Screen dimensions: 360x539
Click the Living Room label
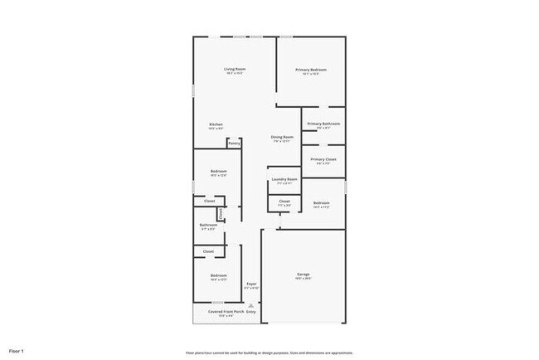pyautogui.click(x=235, y=69)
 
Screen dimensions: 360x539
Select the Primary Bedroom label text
pyautogui.click(x=311, y=70)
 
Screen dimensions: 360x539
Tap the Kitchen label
pyautogui.click(x=216, y=124)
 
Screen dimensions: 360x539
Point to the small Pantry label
pyautogui.click(x=235, y=143)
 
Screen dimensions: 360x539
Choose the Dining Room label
pyautogui.click(x=282, y=137)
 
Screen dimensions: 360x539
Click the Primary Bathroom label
pyautogui.click(x=323, y=124)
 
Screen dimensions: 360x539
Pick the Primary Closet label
pyautogui.click(x=323, y=159)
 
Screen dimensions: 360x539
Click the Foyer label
pyautogui.click(x=251, y=285)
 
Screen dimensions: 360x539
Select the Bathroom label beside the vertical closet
pyautogui.click(x=208, y=225)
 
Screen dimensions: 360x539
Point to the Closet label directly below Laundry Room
pyautogui.click(x=284, y=201)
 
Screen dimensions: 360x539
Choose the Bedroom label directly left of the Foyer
pyautogui.click(x=218, y=275)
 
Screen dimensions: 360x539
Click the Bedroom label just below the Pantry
pyautogui.click(x=218, y=171)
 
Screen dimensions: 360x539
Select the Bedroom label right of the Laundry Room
pyautogui.click(x=322, y=203)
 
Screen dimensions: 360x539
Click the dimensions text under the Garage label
pyautogui.click(x=303, y=280)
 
